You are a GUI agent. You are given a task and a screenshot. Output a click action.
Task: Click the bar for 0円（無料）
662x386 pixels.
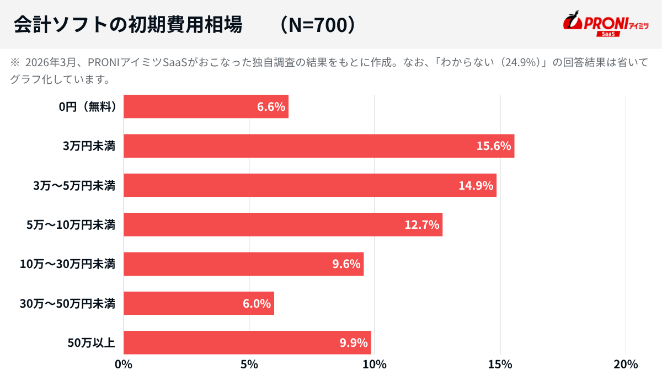206,106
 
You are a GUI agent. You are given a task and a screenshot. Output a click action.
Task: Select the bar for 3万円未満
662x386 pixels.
319,146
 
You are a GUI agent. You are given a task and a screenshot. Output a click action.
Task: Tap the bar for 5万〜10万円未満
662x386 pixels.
283,224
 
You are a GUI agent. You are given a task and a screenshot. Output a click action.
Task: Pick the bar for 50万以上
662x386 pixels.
247,342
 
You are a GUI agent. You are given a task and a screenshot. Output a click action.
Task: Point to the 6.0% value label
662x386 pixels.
257,303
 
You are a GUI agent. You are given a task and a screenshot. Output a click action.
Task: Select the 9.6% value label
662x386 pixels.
346,264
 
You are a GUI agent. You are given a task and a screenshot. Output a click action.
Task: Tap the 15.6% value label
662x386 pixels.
494,146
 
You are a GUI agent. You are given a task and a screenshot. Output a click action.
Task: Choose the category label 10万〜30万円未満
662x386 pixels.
67,264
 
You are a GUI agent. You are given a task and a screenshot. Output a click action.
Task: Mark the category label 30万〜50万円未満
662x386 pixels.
67,303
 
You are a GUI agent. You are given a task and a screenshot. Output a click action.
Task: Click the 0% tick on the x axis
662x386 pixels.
124,364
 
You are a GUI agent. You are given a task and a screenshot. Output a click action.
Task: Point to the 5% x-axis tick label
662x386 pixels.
249,364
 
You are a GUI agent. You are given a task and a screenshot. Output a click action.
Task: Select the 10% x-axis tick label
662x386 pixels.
375,364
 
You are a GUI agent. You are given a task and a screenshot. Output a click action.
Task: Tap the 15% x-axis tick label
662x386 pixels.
500,364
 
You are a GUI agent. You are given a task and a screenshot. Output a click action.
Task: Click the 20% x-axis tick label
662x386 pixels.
626,364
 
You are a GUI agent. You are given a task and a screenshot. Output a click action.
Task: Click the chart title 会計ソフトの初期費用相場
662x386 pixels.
127,25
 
